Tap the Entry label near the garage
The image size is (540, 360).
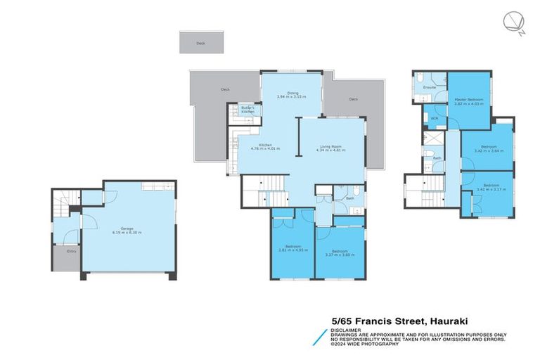tap(71, 251)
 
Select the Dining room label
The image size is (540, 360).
tap(292, 93)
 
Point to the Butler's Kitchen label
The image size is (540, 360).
tap(248, 110)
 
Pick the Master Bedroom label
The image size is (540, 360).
tap(466, 101)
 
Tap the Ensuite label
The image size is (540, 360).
tap(430, 87)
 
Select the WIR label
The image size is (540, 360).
tap(434, 118)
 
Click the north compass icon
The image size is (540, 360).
tap(513, 22)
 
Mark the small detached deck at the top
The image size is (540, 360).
tap(202, 42)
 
